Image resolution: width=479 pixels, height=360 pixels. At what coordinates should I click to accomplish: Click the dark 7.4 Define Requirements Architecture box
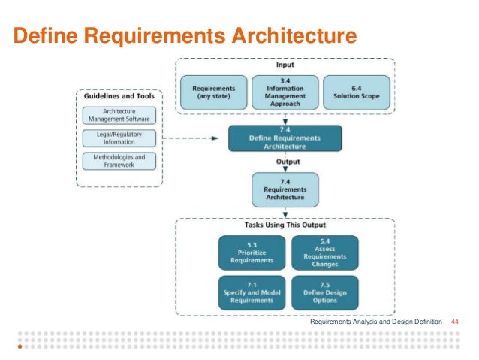pyautogui.click(x=285, y=138)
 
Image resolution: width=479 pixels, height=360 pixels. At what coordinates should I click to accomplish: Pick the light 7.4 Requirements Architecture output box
pyautogui.click(x=285, y=189)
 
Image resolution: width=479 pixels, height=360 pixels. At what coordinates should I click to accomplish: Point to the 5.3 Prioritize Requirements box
pyautogui.click(x=252, y=253)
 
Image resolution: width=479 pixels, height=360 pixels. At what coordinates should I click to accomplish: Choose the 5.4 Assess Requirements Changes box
pyautogui.click(x=324, y=253)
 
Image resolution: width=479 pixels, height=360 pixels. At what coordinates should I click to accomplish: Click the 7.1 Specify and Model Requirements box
pyautogui.click(x=252, y=292)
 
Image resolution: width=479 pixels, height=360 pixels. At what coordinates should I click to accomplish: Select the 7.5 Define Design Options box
pyautogui.click(x=324, y=292)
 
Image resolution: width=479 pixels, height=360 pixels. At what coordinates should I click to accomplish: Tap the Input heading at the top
pyautogui.click(x=285, y=65)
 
